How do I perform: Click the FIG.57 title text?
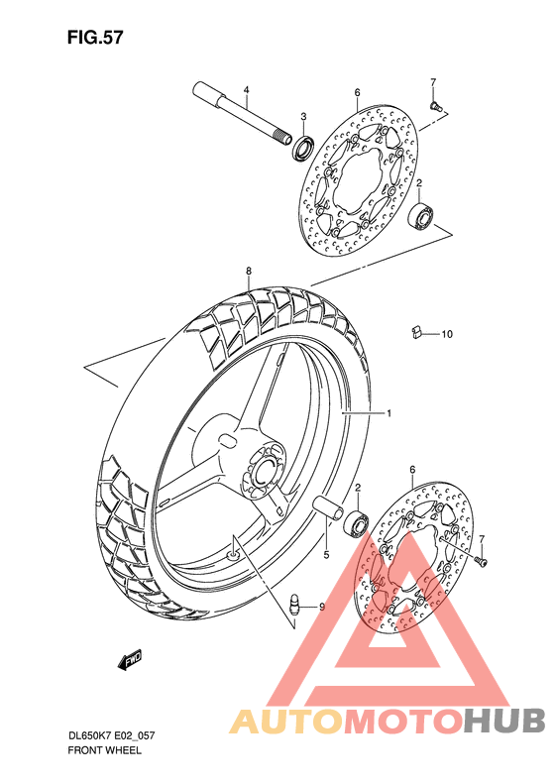tap(95, 37)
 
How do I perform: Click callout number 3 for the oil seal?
tap(303, 116)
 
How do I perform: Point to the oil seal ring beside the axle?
tap(300, 149)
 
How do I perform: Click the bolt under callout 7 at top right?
tap(435, 102)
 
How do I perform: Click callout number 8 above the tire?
tap(249, 270)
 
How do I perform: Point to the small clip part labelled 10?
tap(417, 333)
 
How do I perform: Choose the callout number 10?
tap(446, 334)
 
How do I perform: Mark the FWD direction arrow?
tap(130, 657)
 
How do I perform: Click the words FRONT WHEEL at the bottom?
tap(104, 750)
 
